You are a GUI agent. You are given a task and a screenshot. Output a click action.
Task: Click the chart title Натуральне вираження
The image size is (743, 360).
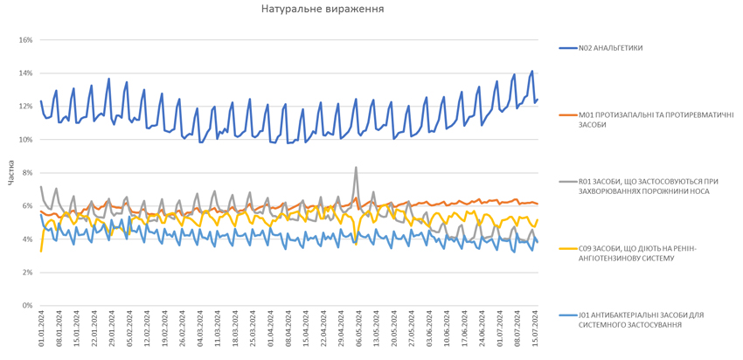[322, 9]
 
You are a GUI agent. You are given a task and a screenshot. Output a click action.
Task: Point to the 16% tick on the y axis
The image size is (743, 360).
[24, 40]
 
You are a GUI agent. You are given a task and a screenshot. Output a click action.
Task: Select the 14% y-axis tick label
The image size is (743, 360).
[24, 73]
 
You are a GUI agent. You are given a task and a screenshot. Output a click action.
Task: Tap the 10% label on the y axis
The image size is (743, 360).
[24, 140]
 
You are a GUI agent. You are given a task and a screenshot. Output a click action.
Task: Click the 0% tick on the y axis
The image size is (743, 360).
[26, 306]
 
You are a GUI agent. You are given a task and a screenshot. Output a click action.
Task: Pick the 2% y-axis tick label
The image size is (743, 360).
[26, 273]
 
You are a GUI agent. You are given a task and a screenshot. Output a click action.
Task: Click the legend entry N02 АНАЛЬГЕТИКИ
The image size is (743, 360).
[610, 48]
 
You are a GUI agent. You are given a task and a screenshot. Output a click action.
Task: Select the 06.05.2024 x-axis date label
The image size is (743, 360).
[359, 330]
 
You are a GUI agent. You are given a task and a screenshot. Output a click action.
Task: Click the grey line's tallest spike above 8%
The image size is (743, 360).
[356, 167]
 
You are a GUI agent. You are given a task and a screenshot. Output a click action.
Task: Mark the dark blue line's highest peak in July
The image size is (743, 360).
[531, 72]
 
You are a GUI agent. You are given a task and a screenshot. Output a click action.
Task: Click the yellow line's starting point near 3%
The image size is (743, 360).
[41, 251]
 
